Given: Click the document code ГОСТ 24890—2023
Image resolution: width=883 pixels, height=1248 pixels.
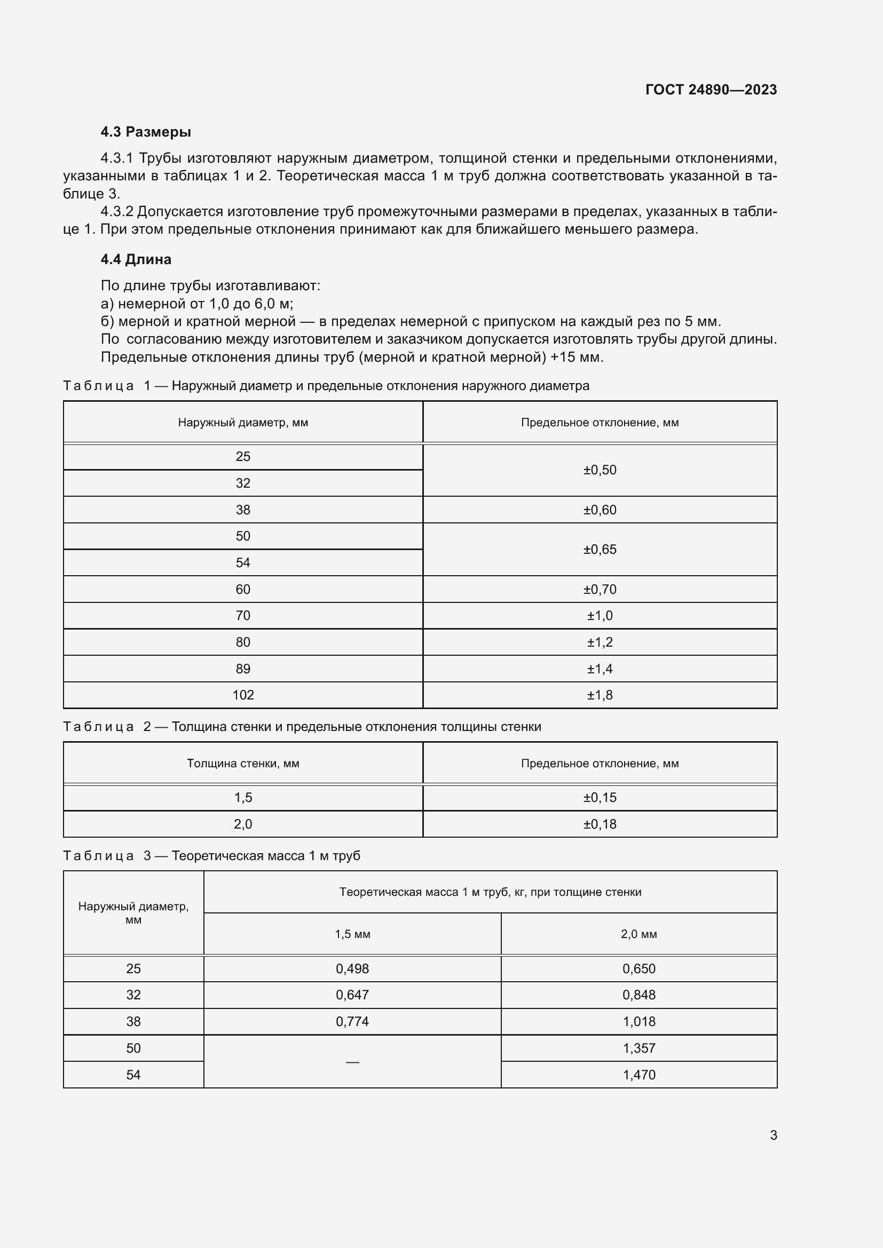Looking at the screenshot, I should pos(711,90).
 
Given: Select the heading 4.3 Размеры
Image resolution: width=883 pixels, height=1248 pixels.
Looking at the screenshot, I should pos(146,132).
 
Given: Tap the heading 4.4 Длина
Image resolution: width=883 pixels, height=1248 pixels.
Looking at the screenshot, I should pos(136,259).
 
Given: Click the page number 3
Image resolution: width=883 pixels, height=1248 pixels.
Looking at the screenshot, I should pos(773,1135).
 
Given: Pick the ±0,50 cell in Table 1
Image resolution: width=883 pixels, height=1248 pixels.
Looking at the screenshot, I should pos(600,470).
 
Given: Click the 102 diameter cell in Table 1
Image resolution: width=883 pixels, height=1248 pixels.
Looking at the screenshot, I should pos(243,695).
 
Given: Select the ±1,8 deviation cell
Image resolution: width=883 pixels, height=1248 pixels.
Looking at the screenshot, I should pos(600,695).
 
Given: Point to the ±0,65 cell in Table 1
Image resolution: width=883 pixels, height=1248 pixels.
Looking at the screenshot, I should pos(600,549).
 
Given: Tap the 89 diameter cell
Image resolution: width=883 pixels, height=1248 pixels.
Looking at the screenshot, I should pos(243,669).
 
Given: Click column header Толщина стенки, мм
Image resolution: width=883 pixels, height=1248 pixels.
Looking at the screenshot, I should pos(243,763).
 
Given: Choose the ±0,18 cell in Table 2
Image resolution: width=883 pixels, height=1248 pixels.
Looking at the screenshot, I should pos(600,824).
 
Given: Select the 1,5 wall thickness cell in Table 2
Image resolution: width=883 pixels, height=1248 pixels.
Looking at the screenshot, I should pos(243,797).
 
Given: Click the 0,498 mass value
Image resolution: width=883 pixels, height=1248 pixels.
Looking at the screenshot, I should pos(352,968).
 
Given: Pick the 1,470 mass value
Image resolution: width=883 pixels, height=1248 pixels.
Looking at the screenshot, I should pos(639,1075).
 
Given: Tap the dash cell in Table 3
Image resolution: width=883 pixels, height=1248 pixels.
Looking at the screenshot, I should pos(352,1062).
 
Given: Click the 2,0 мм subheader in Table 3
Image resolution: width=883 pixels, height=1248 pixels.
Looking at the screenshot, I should pos(639,934).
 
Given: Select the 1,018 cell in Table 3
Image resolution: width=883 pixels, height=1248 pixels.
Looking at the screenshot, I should pos(639,1021).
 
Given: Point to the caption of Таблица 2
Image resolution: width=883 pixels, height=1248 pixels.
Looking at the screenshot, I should pos(302,727).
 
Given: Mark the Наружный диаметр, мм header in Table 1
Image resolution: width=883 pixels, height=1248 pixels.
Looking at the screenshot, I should pos(243,423).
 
